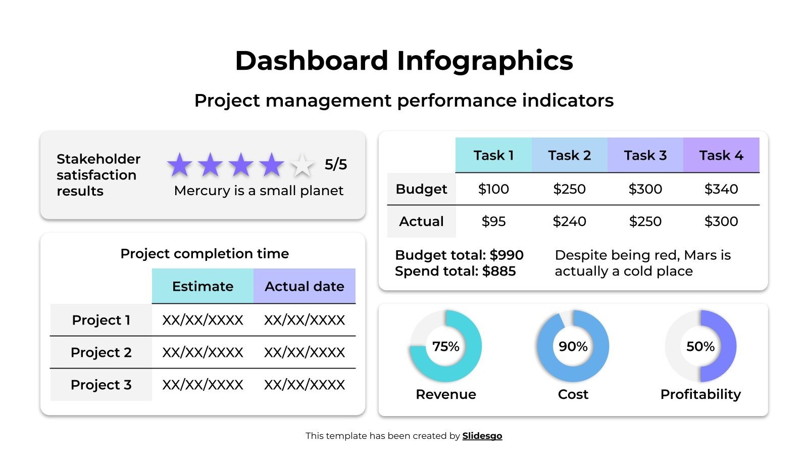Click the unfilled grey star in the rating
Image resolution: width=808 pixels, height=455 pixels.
click(302, 165)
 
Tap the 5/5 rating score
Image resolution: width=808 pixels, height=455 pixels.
click(336, 164)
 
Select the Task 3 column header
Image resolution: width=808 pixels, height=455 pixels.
click(645, 155)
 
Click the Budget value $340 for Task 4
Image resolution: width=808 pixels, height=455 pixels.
click(721, 189)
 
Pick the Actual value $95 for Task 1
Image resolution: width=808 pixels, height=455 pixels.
click(493, 221)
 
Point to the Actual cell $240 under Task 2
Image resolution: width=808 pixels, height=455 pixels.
click(569, 221)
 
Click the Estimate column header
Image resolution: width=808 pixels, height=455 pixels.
click(203, 286)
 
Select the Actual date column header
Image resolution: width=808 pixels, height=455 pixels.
click(305, 286)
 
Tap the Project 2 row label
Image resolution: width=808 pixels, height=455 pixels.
click(101, 352)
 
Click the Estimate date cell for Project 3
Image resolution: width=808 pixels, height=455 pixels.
click(203, 385)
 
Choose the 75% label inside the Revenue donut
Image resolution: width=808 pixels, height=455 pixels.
click(445, 346)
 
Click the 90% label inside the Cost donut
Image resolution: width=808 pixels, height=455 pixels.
click(573, 346)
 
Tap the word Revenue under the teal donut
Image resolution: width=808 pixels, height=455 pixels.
click(445, 394)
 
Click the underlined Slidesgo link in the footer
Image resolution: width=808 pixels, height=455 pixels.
click(482, 436)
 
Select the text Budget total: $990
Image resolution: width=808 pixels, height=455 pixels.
click(459, 255)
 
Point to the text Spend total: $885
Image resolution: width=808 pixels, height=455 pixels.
click(455, 271)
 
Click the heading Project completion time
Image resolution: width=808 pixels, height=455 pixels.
click(205, 253)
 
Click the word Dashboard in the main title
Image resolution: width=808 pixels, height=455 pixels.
click(311, 61)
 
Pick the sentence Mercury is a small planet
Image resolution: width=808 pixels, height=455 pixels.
click(259, 191)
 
